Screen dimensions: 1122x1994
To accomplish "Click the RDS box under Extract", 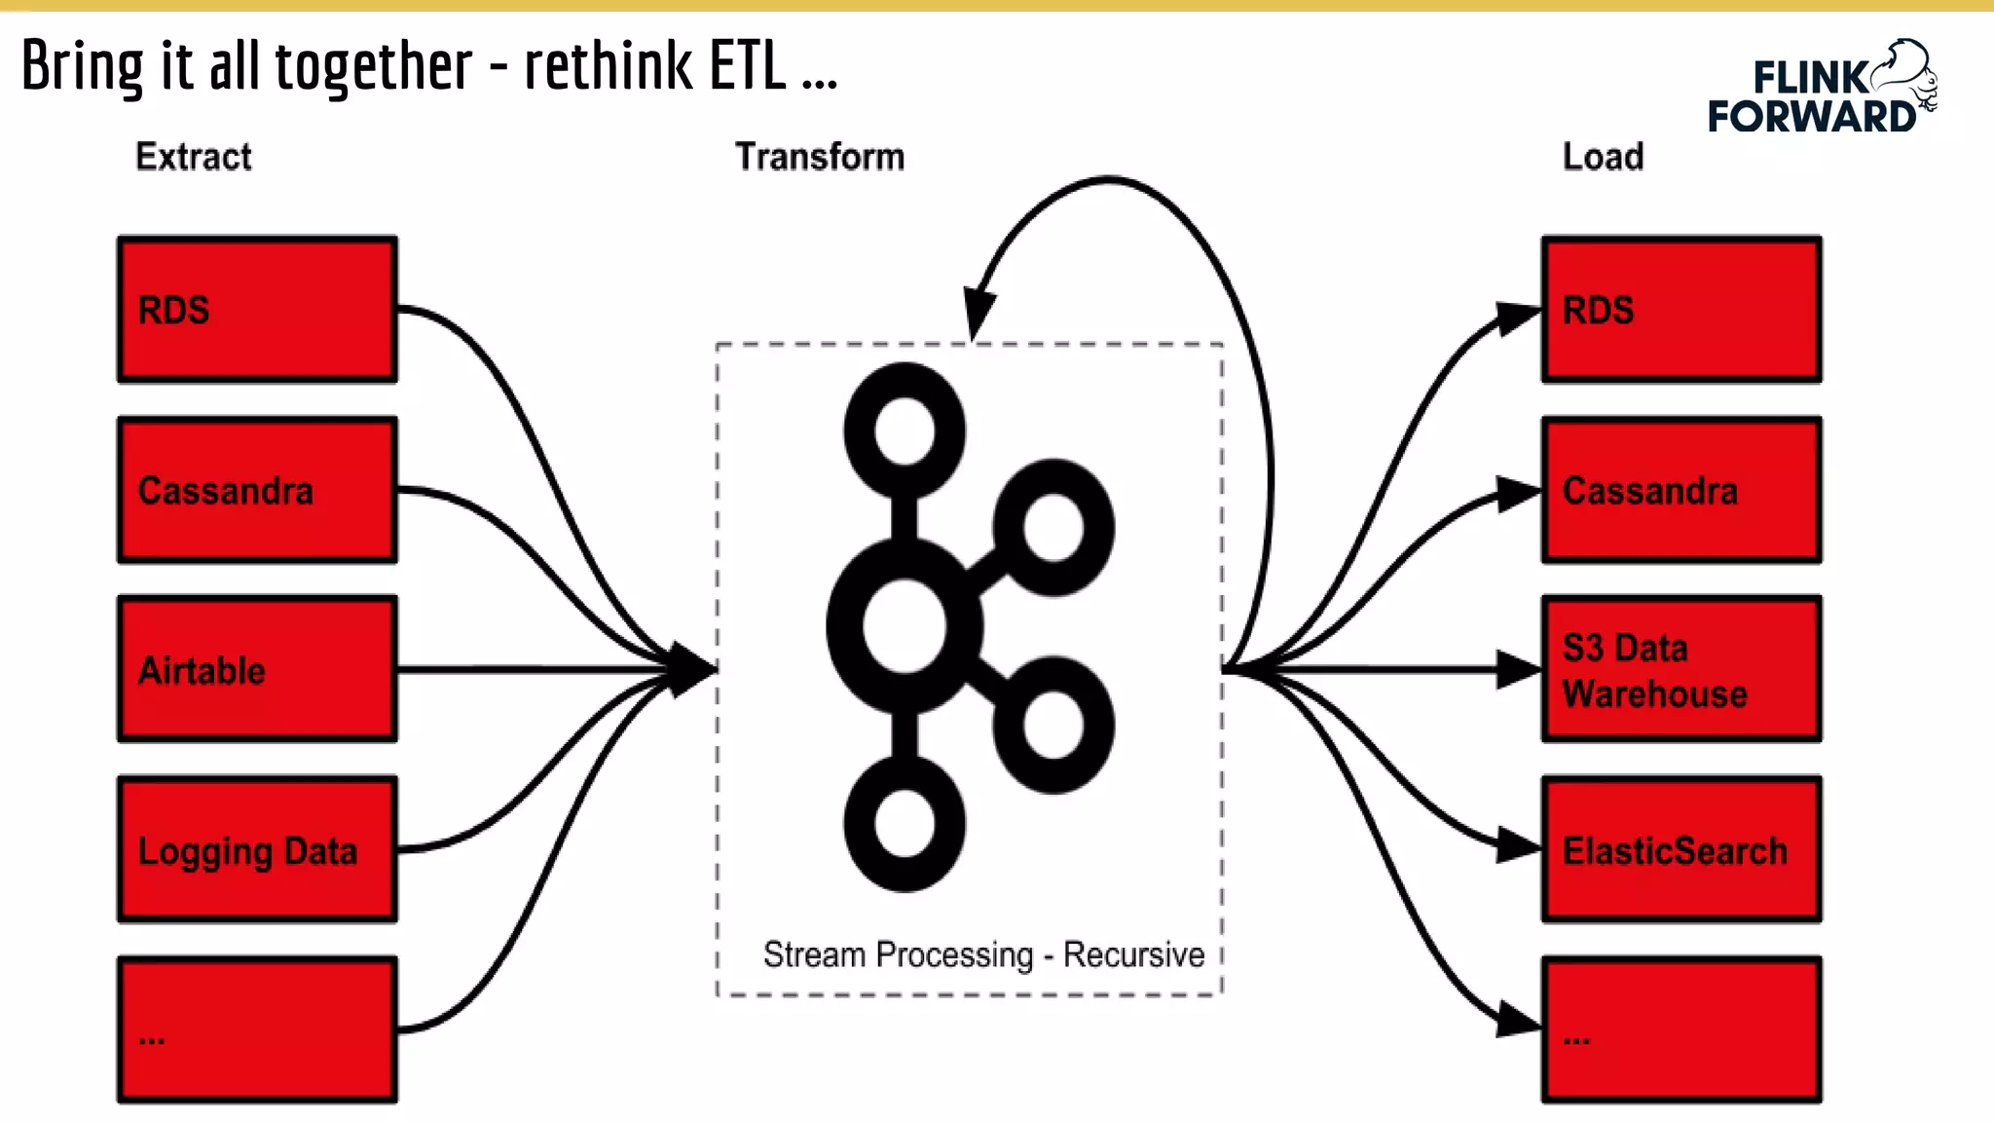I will (257, 310).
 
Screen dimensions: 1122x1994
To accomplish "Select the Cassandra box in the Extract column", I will (257, 490).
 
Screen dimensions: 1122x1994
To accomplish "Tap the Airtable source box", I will (257, 669).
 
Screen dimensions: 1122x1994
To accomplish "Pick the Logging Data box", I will (257, 849).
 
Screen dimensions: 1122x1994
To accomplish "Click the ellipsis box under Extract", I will (257, 1029).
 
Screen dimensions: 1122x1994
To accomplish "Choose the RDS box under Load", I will (1681, 310).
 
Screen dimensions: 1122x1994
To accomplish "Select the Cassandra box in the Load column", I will (1681, 490).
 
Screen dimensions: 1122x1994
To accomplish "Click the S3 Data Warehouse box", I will (1681, 669).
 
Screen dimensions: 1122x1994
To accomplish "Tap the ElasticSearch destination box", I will (1681, 849).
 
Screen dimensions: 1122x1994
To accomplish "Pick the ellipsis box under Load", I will (1681, 1029).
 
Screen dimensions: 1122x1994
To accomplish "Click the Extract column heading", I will (193, 157).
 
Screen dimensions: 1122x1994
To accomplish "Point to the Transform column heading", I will (819, 157).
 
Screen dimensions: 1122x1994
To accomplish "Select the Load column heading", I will (1603, 157).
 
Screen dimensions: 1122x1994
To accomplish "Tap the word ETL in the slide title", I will (747, 66).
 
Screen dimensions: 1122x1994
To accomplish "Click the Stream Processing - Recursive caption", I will (983, 954).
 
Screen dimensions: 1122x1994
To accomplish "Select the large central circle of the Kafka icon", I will (905, 626).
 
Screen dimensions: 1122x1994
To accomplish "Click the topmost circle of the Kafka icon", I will (905, 431).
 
